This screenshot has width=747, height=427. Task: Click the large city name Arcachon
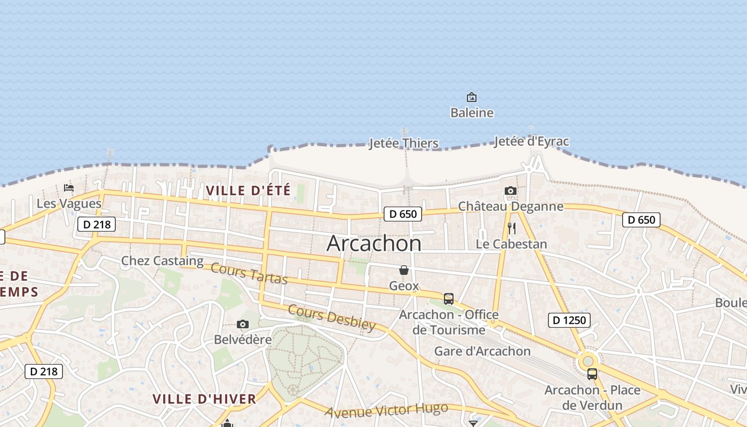coord(373,243)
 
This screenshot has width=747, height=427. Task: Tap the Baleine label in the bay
coord(472,113)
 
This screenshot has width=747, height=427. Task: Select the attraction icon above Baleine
coord(472,97)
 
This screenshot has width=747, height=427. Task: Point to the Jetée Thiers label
coord(404,143)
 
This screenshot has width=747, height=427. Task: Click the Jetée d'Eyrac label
coord(531,141)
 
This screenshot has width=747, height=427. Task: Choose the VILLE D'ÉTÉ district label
coord(249,191)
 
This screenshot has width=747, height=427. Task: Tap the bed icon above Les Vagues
coord(69,188)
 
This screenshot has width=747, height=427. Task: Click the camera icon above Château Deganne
coord(511,191)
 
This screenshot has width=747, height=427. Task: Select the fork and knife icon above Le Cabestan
coord(512,228)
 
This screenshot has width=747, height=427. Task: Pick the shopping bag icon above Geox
coord(404,270)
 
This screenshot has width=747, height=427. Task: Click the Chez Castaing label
coord(162,261)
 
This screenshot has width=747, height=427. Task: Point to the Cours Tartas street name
coord(249,273)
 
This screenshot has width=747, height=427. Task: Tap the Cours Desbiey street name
coord(332,318)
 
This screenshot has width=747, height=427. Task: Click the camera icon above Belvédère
coord(243,325)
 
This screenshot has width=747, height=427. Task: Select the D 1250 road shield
coord(569,320)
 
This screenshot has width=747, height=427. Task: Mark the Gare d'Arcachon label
coord(482,351)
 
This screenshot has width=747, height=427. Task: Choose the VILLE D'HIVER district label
coord(204,399)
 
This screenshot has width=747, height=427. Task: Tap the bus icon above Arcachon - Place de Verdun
coord(592,374)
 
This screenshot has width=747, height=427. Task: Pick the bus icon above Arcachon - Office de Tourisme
coord(449,299)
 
